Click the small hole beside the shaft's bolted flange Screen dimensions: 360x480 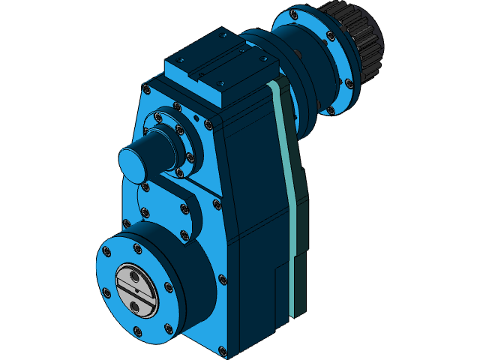click(x=196, y=117)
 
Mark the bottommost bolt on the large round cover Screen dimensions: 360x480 click(x=136, y=329)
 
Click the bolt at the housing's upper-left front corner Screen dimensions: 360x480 click(x=147, y=90)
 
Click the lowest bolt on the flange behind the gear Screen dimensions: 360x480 click(x=331, y=111)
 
